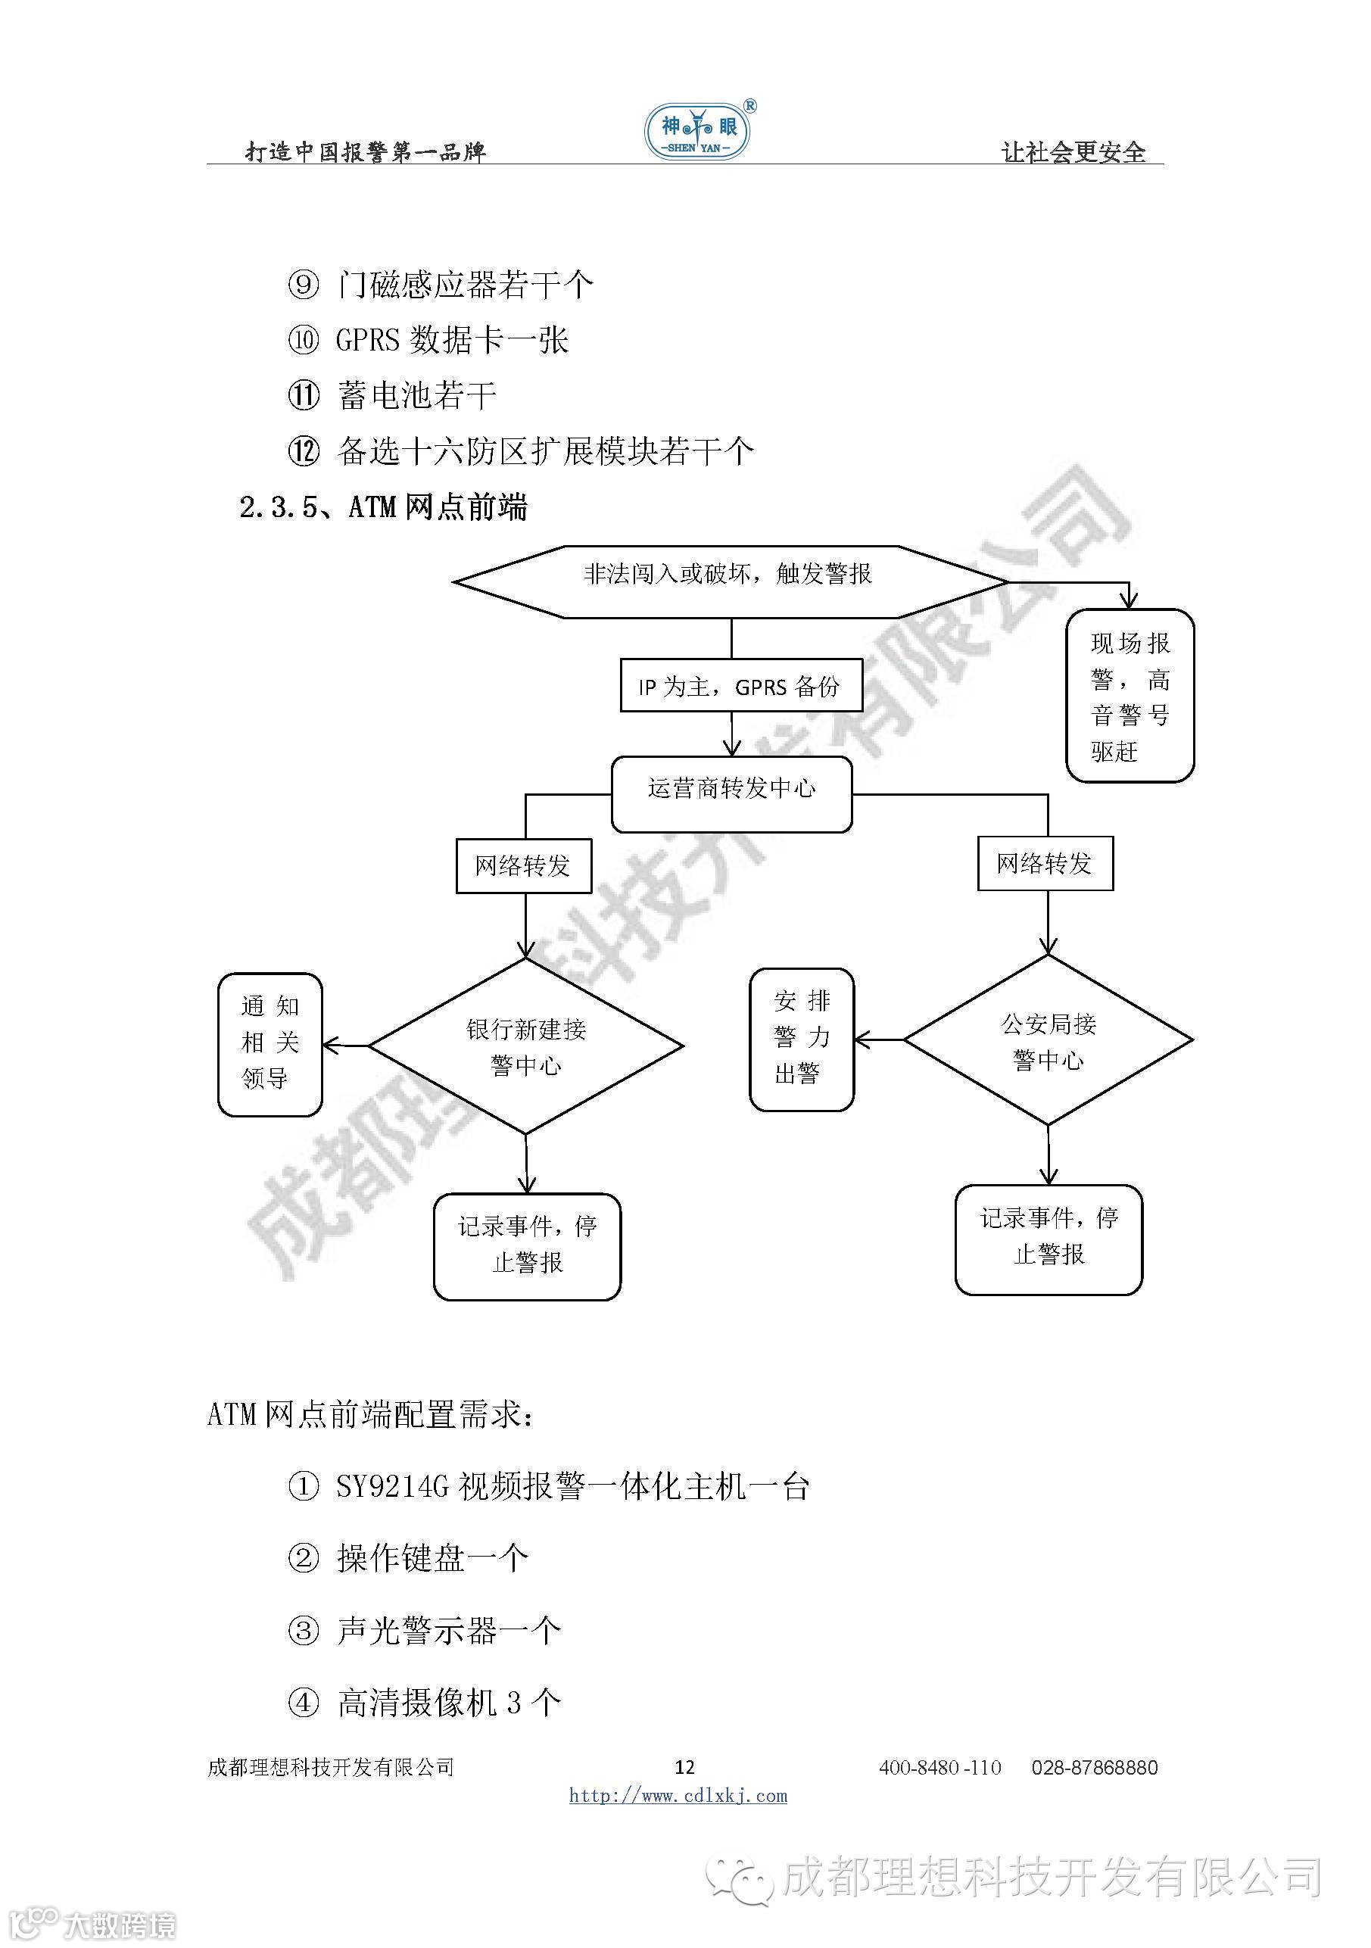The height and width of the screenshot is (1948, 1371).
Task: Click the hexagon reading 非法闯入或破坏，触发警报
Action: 730,581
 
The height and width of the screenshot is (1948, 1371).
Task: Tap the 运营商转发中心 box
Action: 731,793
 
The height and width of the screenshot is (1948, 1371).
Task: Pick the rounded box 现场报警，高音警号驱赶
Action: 1130,696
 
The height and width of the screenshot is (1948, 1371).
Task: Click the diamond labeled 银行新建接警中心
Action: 526,1046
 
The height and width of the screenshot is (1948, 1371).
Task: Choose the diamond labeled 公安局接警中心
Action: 1049,1040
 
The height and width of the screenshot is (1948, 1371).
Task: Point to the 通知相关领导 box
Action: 270,1043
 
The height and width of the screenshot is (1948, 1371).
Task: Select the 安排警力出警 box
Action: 802,1039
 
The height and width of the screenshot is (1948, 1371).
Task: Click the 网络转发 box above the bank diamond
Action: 523,865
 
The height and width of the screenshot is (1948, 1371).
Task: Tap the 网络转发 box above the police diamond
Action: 1045,864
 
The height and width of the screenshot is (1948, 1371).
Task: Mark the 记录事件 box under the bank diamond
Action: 527,1245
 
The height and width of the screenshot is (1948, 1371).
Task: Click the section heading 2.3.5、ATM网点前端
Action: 384,507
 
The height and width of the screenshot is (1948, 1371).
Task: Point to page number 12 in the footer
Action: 684,1767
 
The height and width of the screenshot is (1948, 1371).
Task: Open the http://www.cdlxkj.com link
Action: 678,1795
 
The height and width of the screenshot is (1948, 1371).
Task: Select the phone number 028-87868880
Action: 1095,1767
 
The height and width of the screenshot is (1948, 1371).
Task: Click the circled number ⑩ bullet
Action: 304,340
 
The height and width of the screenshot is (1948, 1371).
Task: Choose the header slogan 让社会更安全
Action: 1073,152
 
